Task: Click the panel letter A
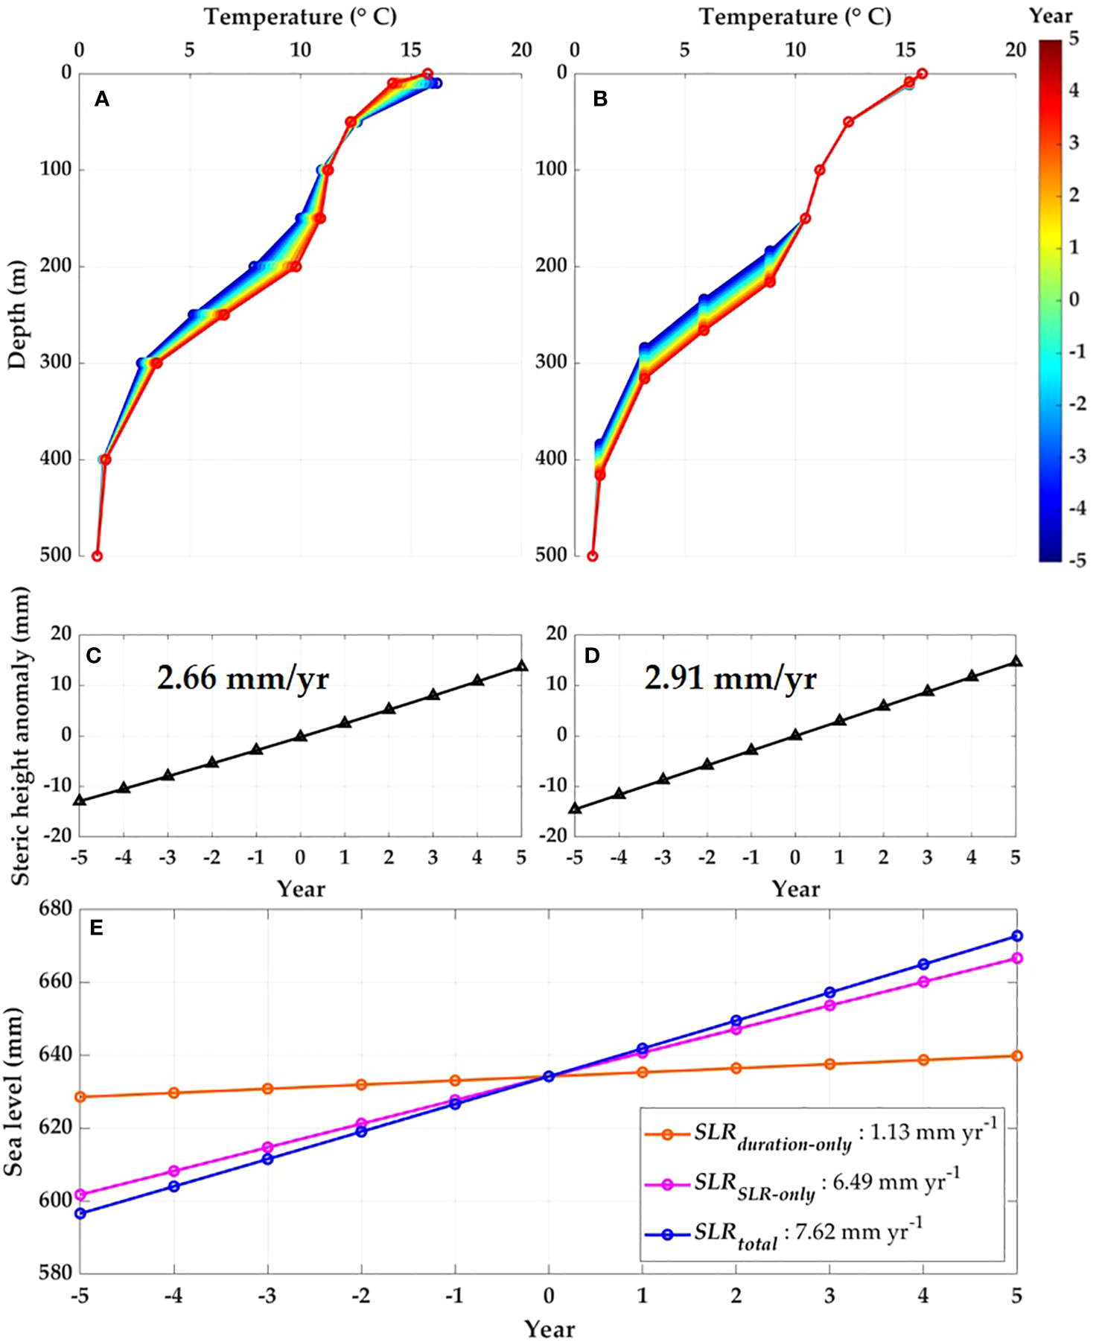[102, 99]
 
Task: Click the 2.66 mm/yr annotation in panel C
[243, 678]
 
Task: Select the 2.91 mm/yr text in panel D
[730, 678]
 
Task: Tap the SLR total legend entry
[782, 1234]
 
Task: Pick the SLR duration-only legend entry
[819, 1134]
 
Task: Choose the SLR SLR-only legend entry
[801, 1183]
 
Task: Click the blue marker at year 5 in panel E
[1017, 936]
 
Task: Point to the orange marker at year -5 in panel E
[80, 1097]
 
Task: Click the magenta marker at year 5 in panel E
[1017, 958]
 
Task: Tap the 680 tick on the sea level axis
[57, 909]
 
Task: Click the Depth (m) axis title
[16, 314]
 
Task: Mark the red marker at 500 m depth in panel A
[97, 556]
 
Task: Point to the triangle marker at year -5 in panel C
[80, 801]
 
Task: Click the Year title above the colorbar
[1051, 16]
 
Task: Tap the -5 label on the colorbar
[1077, 560]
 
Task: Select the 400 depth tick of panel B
[551, 459]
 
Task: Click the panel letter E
[96, 928]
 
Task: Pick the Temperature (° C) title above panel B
[794, 16]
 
